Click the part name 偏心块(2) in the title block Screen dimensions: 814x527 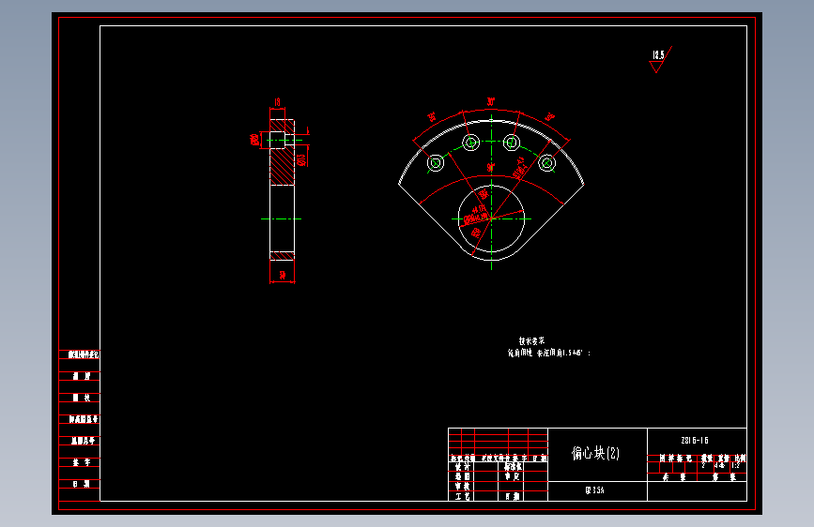pos(596,454)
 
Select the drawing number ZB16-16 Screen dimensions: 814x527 pos(695,440)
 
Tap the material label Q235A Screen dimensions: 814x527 pos(595,490)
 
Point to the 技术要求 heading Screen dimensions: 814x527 pos(531,341)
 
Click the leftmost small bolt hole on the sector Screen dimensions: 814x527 pos(436,163)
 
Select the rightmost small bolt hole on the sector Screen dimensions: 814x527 pos(547,163)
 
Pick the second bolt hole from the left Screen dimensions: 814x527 pos(470,143)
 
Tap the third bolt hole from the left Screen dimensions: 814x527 pos(512,143)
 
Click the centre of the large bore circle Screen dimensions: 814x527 pos(491,217)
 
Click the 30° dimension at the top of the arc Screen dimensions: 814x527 pos(491,101)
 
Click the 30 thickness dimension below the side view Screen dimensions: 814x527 pos(282,275)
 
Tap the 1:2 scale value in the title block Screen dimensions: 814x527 pos(736,463)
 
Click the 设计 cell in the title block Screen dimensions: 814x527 pos(461,466)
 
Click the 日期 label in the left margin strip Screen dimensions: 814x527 pos(81,484)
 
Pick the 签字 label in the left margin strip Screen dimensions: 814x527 pos(81,462)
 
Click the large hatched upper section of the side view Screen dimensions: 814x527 pos(282,169)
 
